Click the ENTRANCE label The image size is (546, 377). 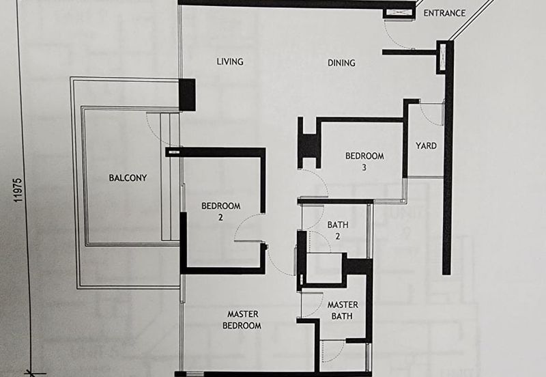pos(444,13)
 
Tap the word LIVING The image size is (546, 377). pos(230,61)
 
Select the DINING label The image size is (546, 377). pos(341,63)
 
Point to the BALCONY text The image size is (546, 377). pos(128,178)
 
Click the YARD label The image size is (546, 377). pos(426,145)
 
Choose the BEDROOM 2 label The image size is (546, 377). pos(220,212)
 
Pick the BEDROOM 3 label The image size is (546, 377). pos(364,161)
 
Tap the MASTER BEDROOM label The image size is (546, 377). pos(242,320)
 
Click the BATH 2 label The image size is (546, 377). pos(338,230)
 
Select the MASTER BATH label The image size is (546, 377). pos(343,311)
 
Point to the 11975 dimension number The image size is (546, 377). pos(18,191)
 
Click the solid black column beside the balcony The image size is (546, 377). pos(187,95)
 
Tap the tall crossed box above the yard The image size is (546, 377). pos(442,57)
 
